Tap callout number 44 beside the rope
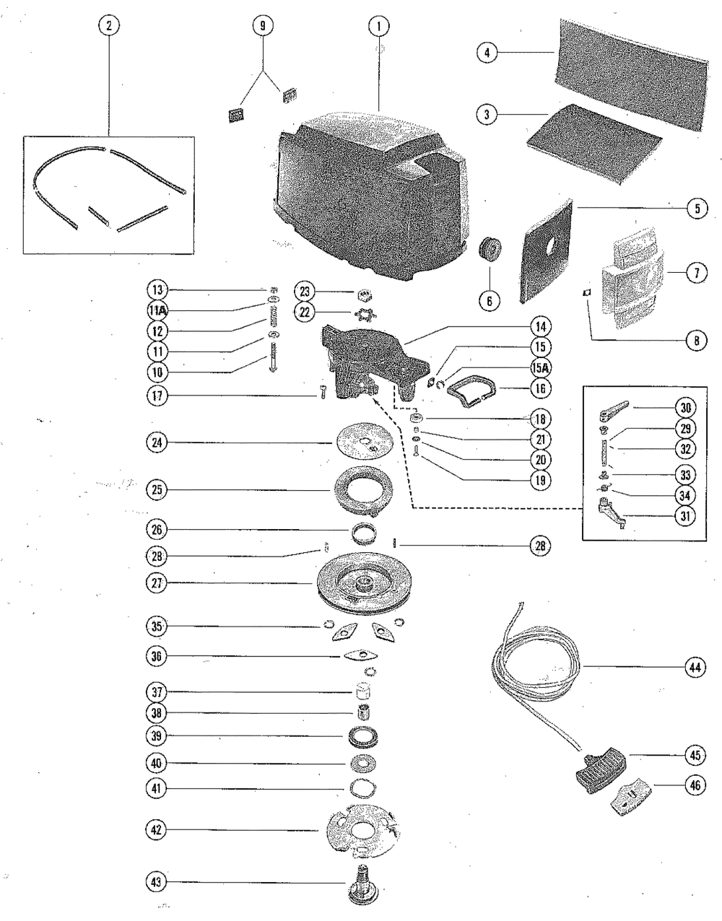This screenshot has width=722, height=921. tap(694, 668)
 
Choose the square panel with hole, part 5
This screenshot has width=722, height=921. tap(547, 251)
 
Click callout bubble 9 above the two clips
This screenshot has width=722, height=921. tap(262, 27)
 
